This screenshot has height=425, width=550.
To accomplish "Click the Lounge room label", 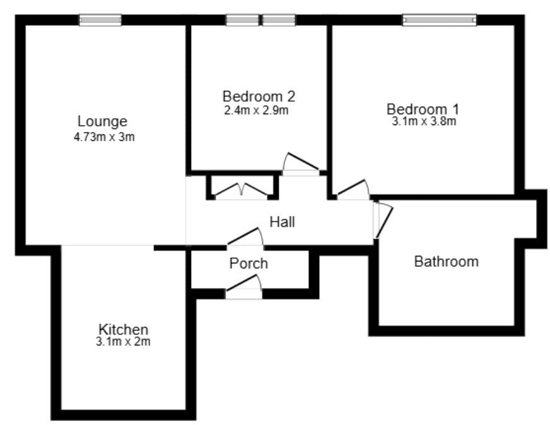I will point(102,121).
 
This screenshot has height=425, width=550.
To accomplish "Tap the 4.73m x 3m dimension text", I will point(104,136).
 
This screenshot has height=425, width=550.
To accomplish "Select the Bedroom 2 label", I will point(259,97).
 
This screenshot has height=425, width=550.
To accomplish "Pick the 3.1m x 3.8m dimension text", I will point(424,121).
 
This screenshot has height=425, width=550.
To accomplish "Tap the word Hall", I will point(282,222).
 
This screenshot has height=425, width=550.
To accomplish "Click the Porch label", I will point(249,263).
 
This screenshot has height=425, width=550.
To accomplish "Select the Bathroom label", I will point(446,261).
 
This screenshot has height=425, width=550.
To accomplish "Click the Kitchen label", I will point(124,329).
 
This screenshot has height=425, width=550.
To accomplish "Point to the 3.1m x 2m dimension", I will point(124,342).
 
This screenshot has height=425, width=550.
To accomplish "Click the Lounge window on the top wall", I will point(100,20).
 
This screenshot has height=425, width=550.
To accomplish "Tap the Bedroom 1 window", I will point(440,20).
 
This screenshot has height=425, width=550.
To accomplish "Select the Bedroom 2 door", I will point(301,164).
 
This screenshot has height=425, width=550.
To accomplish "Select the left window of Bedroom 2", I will point(243,20).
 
